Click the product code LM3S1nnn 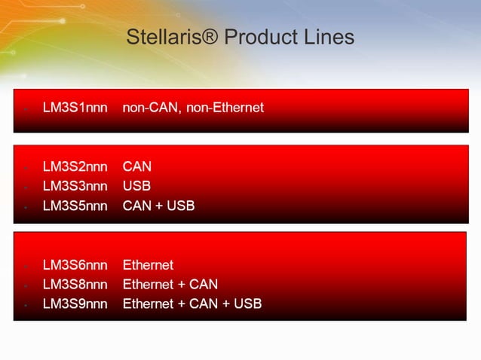[x=75, y=108]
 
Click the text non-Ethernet [x=225, y=108]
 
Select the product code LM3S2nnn [x=75, y=166]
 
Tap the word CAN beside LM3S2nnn [x=137, y=166]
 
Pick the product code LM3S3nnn [x=75, y=185]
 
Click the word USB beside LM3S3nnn [x=136, y=185]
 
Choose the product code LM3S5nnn [x=75, y=205]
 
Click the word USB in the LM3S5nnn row [x=180, y=205]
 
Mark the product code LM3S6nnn [x=75, y=265]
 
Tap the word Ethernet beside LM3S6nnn [x=148, y=265]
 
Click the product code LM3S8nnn [x=75, y=285]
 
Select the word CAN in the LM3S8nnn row [x=204, y=285]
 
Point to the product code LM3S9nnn [x=75, y=304]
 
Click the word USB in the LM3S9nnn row [x=247, y=304]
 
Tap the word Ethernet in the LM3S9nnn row [x=148, y=304]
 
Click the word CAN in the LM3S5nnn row [x=137, y=205]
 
